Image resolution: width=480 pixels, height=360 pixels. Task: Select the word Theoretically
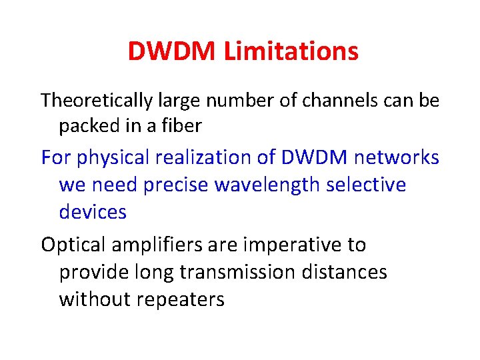click(97, 101)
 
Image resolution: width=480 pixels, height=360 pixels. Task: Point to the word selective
click(366, 185)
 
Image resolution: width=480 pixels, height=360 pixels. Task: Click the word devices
click(93, 211)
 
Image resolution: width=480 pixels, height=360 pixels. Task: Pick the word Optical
click(73, 245)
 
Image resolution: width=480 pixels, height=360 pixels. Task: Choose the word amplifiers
click(157, 245)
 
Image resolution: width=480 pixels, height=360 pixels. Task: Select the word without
click(94, 299)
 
